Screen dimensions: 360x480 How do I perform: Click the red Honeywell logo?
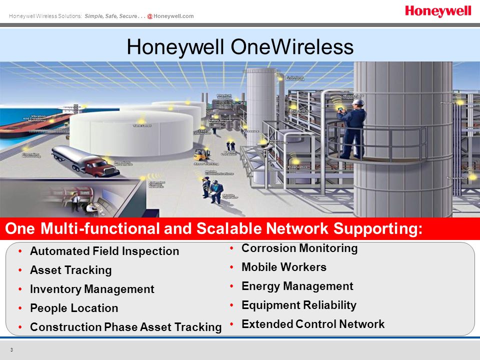pos(438,11)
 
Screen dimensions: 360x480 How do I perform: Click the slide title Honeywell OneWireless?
pos(240,47)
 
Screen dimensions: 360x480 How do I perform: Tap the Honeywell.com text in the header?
pos(173,16)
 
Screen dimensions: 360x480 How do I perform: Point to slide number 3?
pos(11,348)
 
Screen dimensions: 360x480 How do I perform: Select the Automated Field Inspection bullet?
pos(104,251)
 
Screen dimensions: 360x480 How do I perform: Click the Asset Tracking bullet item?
pos(70,270)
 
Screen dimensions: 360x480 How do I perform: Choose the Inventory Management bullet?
pos(92,289)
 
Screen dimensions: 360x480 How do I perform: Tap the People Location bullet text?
pos(74,308)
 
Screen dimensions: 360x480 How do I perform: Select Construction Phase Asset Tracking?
pos(125,327)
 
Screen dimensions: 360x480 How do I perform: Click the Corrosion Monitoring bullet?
pos(299,248)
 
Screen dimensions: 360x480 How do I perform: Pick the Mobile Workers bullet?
pos(283,267)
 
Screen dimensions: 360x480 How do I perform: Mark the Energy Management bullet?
pos(297,286)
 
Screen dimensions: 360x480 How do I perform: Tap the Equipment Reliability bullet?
pos(298,305)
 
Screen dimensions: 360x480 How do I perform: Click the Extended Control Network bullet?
pos(312,324)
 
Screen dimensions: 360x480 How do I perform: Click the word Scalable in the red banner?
pos(241,229)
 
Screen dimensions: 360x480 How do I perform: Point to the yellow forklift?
pos(200,154)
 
